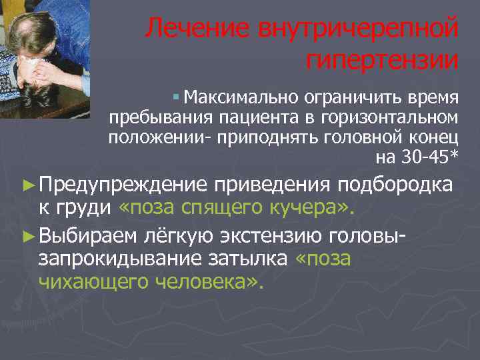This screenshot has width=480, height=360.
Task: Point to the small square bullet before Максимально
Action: point(175,99)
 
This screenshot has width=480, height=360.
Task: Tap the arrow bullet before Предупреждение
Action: point(27,184)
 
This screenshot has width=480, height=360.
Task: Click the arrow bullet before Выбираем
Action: point(27,234)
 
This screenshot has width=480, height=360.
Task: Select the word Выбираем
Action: point(88,234)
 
